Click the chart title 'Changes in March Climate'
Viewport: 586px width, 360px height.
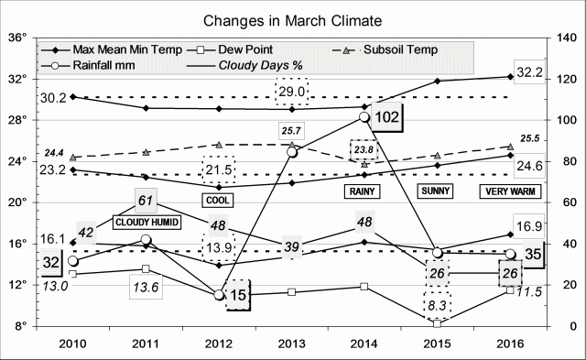[x=292, y=17]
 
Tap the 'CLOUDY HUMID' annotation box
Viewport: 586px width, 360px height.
[x=146, y=222]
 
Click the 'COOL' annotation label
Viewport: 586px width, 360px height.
[x=219, y=199]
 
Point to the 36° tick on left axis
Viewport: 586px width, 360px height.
[x=18, y=38]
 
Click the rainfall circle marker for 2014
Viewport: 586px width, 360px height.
[x=364, y=117]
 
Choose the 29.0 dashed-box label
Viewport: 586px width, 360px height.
[x=293, y=93]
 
